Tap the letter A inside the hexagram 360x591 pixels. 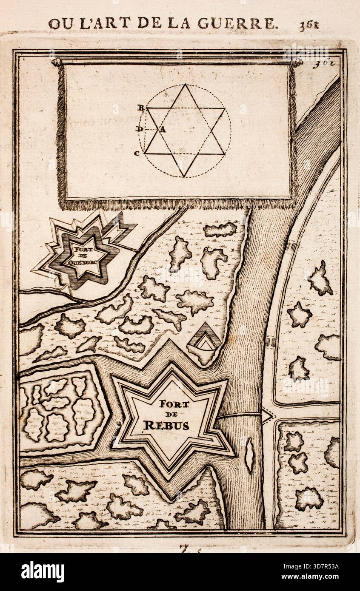point(163,130)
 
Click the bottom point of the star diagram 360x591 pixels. point(185,176)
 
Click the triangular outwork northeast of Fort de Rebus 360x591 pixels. point(206,340)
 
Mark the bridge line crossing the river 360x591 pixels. point(238,415)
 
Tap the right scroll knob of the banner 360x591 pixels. point(297,63)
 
